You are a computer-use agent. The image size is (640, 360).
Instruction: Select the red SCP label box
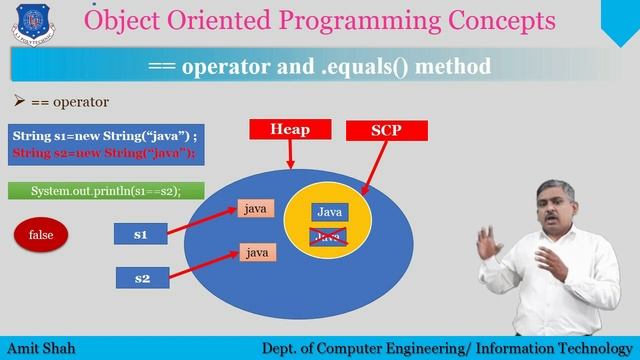point(385,131)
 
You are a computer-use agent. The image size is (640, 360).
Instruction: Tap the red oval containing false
point(41,235)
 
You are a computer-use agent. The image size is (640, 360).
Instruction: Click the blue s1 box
point(141,235)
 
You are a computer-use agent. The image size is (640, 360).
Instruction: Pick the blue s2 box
point(141,278)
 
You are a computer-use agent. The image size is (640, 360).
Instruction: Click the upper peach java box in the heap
point(256,208)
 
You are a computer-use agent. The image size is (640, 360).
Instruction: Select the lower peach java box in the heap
point(256,253)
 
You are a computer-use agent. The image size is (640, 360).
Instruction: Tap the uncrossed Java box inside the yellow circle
point(329,212)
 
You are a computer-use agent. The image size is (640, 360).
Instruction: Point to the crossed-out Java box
point(329,235)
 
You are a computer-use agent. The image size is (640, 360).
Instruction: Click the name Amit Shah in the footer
point(41,348)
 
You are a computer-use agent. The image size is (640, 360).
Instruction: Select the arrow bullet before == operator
point(17,102)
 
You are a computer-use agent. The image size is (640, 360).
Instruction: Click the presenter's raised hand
point(487,242)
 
